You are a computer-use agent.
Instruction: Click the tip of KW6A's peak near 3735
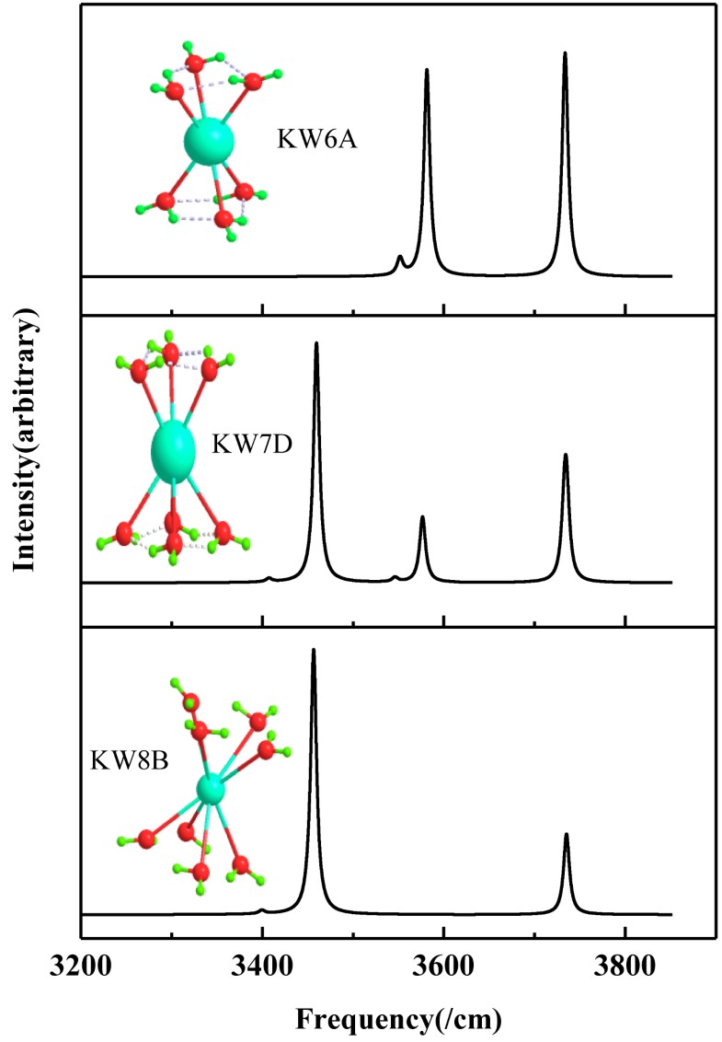tap(565, 53)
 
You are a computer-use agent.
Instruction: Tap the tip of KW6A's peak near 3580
tap(427, 70)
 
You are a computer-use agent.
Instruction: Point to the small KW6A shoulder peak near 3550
tap(399, 257)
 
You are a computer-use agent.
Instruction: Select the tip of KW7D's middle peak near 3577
tap(422, 517)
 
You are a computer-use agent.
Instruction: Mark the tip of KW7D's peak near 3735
tap(565, 455)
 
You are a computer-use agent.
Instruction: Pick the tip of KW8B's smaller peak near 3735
tap(566, 834)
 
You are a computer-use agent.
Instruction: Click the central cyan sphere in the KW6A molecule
tap(208, 143)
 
